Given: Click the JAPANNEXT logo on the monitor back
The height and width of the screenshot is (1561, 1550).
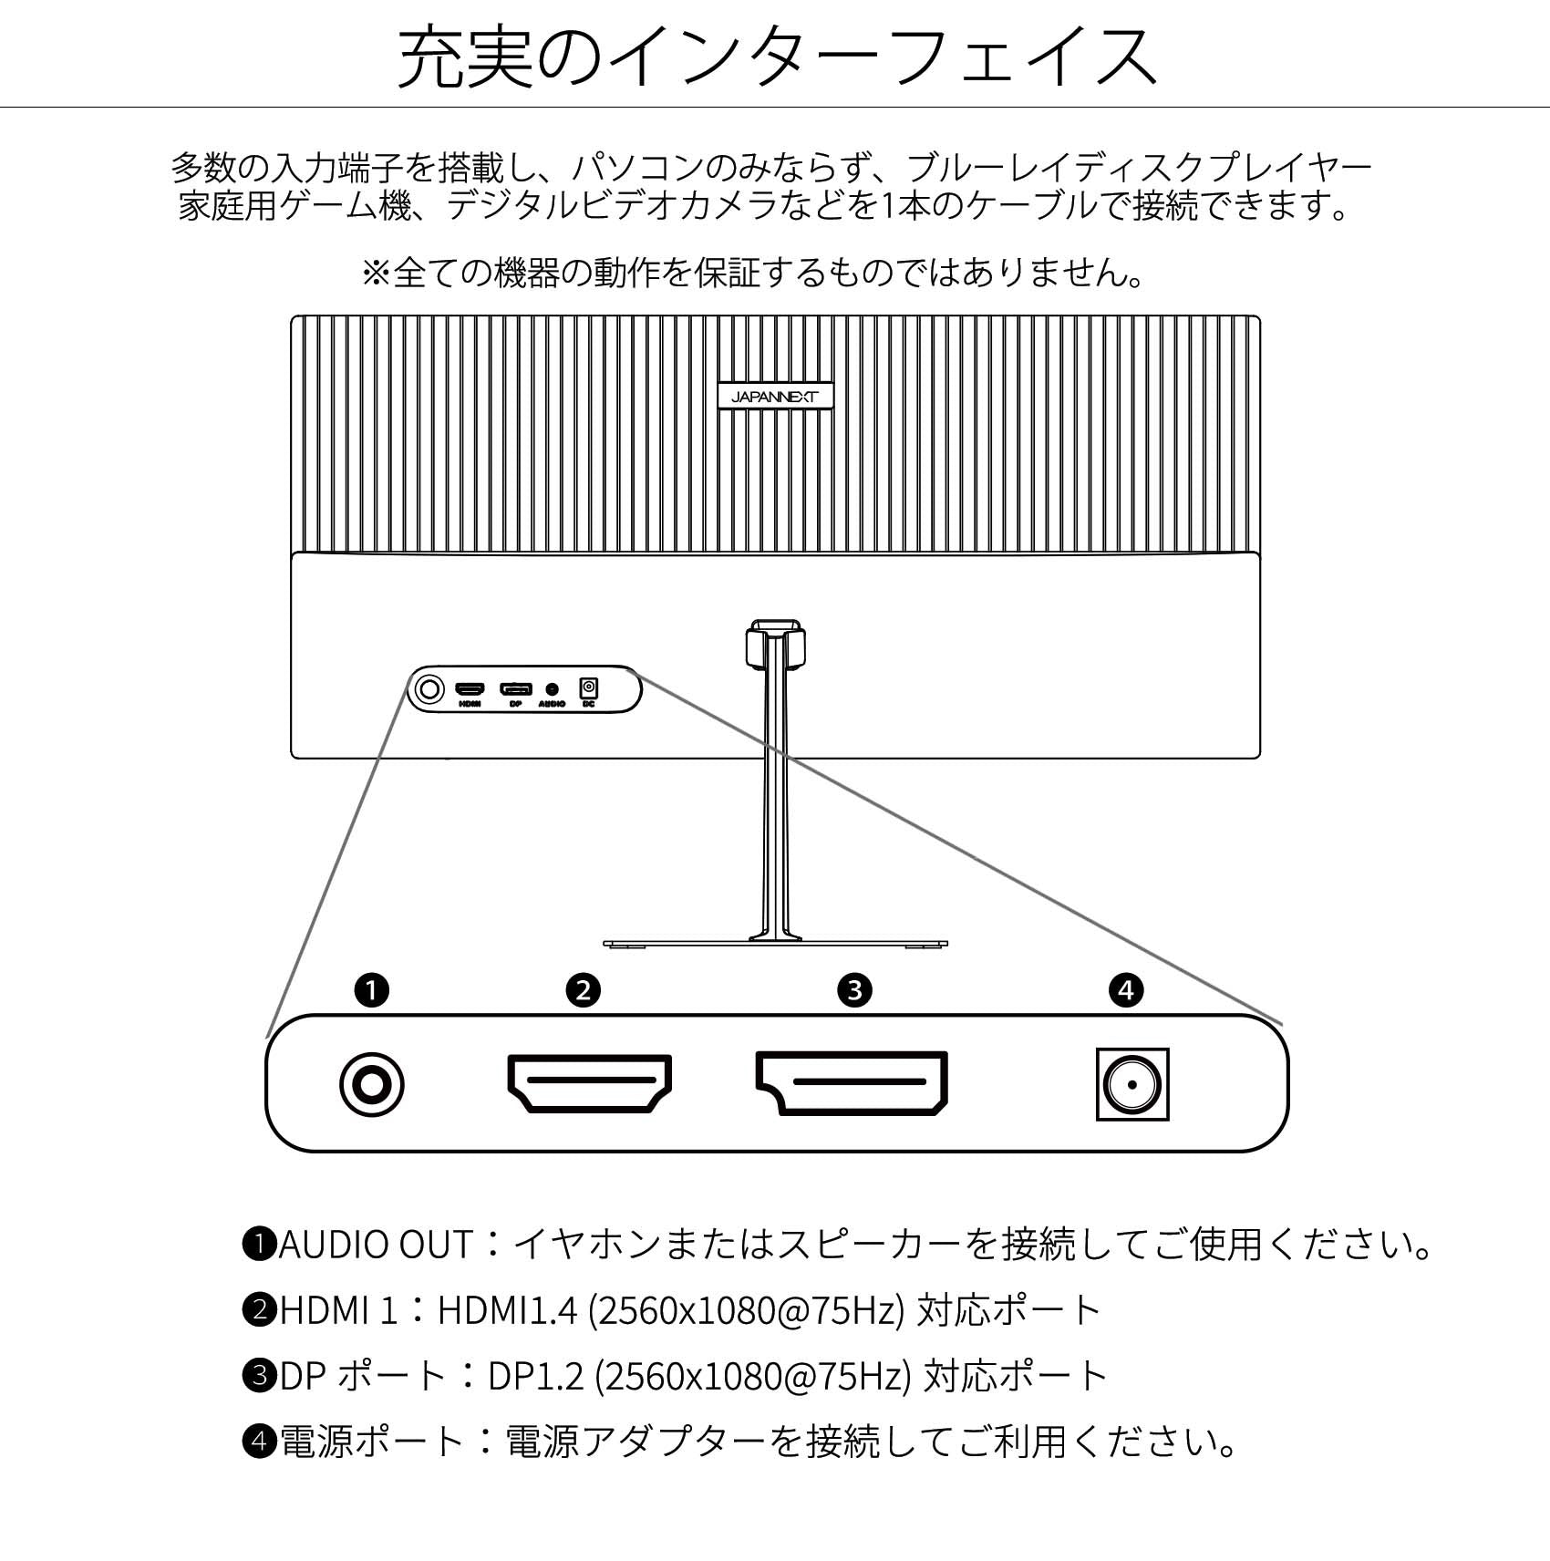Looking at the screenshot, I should click(x=775, y=397).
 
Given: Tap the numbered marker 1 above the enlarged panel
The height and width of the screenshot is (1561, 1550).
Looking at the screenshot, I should click(x=372, y=989).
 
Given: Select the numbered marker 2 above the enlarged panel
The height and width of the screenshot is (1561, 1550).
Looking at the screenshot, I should click(x=584, y=989).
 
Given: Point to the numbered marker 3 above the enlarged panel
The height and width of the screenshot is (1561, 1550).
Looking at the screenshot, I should click(x=854, y=989).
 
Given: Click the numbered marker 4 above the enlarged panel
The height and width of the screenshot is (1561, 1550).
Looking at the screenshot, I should click(x=1126, y=989).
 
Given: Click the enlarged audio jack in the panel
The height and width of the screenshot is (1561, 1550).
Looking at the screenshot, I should click(x=371, y=1085).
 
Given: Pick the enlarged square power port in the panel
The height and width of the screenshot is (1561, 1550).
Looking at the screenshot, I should click(x=1132, y=1085).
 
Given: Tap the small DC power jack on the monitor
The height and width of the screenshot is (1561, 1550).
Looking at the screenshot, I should click(x=589, y=687).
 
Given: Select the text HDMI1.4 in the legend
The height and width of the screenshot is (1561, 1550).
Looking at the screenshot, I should click(x=508, y=1310).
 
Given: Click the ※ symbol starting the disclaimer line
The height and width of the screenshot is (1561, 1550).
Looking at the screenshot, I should click(x=376, y=273).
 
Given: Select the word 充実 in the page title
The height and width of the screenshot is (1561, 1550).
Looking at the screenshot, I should click(x=466, y=57).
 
